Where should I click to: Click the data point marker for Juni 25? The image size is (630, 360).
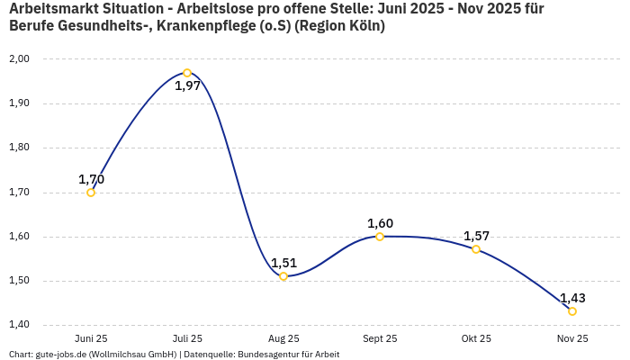91,192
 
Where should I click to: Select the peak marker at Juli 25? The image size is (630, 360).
187,73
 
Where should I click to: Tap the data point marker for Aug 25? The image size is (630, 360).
283,276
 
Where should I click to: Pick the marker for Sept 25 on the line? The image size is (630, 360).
380,237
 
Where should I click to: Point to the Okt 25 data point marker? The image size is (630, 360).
476,249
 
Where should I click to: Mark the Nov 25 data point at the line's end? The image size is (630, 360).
572,311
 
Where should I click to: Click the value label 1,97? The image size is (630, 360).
187,86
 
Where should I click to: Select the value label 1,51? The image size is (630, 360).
283,263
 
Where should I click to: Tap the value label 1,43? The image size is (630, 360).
572,298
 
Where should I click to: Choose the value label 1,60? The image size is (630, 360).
380,223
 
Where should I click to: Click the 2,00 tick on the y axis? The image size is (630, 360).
20,58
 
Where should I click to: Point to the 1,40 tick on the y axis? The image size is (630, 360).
20,325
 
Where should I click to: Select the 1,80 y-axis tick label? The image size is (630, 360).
20,148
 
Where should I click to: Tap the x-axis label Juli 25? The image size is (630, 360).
187,338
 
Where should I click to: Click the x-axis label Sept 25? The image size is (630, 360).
380,338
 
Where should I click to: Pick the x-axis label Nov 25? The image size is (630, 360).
572,338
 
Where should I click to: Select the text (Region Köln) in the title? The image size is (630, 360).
342,26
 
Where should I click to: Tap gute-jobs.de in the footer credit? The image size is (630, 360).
60,354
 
